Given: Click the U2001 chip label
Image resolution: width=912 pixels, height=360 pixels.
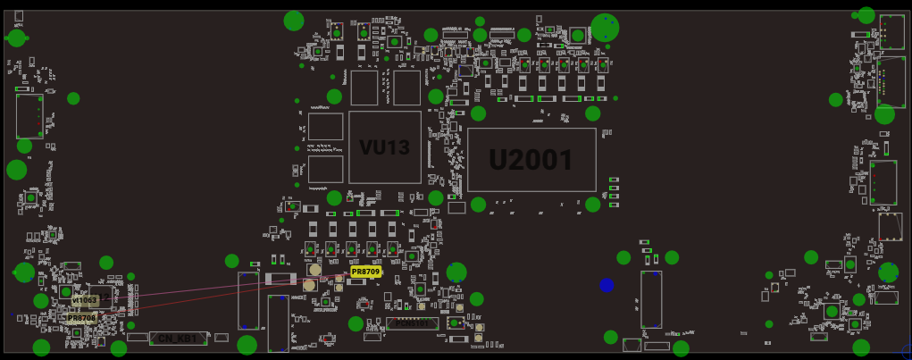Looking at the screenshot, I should (x=531, y=160).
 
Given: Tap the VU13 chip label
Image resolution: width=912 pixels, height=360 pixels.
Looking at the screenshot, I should (x=384, y=147).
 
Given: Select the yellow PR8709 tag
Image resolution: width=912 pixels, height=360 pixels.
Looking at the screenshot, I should (x=365, y=272).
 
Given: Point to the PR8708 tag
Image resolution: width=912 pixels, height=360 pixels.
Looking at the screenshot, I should (x=80, y=318).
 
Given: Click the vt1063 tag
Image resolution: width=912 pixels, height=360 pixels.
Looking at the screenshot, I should (x=85, y=301).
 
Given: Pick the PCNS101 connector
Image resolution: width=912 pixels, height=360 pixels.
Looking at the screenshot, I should (x=410, y=323).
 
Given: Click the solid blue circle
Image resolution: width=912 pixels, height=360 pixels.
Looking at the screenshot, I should (x=607, y=285).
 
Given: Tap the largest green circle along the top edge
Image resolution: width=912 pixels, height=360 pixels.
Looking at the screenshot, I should (x=605, y=27).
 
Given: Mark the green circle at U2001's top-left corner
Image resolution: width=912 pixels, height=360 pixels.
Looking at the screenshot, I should (x=478, y=113).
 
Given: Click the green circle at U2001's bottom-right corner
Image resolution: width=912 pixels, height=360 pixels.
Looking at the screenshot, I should (x=593, y=205).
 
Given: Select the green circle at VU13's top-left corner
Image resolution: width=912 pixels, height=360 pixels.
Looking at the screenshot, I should (x=334, y=96).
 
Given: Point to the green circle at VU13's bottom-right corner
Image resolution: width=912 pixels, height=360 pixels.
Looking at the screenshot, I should (x=435, y=198).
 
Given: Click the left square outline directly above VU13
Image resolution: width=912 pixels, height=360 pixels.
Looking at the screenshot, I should (x=364, y=88).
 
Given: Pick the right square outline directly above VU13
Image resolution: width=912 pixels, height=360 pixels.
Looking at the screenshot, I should (x=406, y=88).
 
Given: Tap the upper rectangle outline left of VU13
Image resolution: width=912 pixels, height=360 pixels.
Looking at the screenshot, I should (x=325, y=126).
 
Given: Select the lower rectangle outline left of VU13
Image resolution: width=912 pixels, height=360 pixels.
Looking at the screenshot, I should (x=325, y=170).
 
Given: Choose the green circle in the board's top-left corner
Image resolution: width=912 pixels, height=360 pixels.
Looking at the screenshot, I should (x=16, y=38).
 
